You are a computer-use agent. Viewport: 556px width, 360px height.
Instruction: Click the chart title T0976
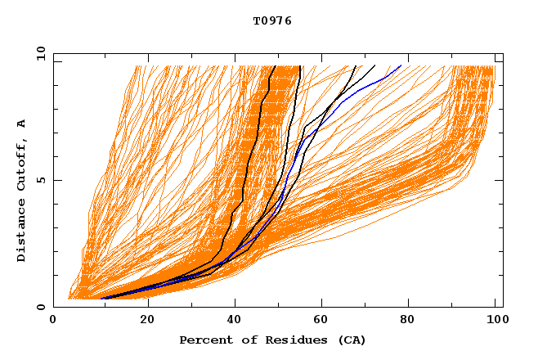point(272,20)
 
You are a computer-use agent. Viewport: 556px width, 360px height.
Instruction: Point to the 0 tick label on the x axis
point(53,320)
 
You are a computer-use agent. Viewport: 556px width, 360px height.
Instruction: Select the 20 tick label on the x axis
point(146,320)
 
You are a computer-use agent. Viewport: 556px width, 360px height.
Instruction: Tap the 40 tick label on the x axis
point(235,320)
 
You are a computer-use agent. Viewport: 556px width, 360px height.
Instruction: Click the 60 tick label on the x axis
point(325,320)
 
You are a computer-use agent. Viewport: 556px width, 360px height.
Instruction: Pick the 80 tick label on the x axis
point(414,320)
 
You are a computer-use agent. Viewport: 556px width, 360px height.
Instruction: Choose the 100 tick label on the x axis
point(495,320)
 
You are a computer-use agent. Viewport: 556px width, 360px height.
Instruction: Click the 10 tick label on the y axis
point(40,54)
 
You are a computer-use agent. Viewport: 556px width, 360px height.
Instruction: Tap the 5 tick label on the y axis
point(40,180)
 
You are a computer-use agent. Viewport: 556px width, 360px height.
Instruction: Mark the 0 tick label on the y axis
point(40,307)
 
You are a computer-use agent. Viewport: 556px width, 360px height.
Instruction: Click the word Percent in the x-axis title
point(203,340)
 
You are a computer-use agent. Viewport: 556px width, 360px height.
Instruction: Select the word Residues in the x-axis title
point(285,340)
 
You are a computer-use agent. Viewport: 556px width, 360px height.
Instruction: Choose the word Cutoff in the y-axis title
point(22,162)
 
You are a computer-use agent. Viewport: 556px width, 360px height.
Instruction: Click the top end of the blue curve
point(401,66)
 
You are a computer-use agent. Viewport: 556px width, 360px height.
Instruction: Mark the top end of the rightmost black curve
point(374,65)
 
